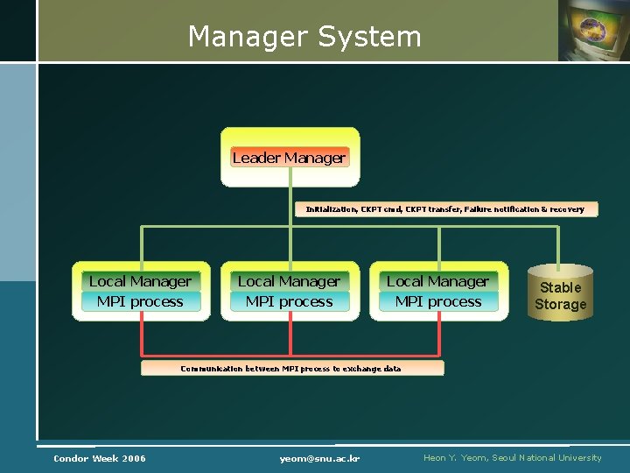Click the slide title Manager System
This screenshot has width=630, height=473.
[304, 37]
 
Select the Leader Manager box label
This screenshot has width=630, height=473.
[289, 158]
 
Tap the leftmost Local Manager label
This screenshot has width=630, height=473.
[140, 281]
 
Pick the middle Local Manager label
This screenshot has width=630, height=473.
[289, 281]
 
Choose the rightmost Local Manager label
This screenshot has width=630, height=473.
[437, 281]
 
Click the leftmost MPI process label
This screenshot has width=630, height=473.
[140, 301]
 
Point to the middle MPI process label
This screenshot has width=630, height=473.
[289, 301]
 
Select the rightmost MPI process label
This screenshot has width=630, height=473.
[437, 301]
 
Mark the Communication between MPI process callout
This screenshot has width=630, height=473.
[291, 369]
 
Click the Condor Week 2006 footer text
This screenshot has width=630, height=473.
[100, 458]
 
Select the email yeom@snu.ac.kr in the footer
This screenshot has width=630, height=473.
[320, 458]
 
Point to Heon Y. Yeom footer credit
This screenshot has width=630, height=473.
[512, 458]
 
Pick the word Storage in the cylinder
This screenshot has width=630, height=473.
[560, 305]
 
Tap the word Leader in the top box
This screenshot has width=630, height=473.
[257, 158]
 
